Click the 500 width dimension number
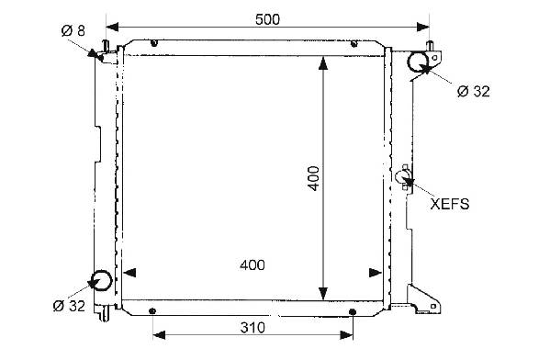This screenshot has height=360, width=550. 267,19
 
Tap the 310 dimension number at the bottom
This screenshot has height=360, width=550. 253,328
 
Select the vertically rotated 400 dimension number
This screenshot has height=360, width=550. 314,178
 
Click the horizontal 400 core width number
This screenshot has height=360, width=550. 253,265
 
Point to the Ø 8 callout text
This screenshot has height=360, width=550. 73,31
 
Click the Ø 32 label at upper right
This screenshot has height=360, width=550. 474,91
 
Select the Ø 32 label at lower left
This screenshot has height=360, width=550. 69,306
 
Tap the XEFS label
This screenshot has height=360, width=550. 450,204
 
